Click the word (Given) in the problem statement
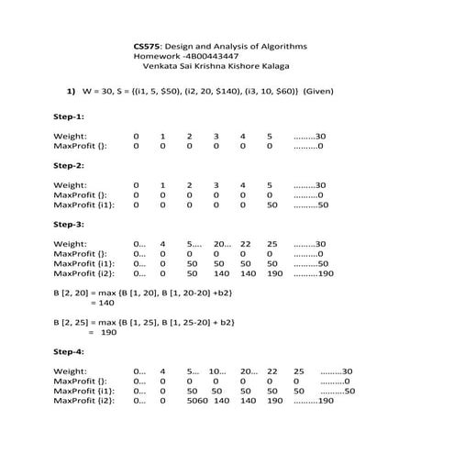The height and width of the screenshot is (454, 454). [318, 92]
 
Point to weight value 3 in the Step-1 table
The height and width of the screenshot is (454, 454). [216, 136]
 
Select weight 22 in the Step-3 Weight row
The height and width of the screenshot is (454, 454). [246, 244]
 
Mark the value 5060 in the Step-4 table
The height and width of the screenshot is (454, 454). [197, 401]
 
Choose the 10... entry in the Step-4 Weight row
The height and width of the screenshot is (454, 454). [218, 371]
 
